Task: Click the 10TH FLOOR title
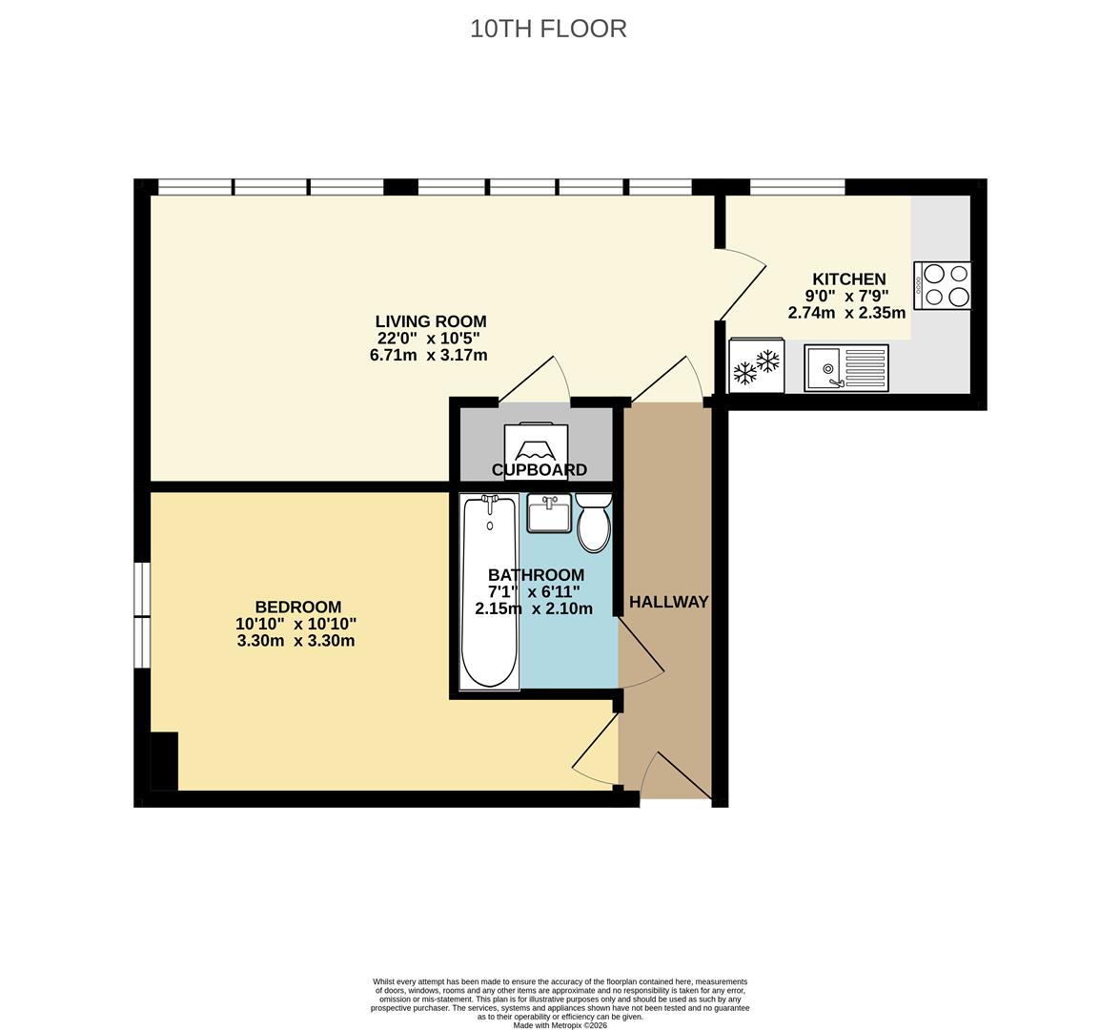pyautogui.click(x=548, y=29)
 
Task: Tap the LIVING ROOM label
pyautogui.click(x=431, y=321)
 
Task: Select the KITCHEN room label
pyautogui.click(x=848, y=279)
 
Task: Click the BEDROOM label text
pyautogui.click(x=297, y=608)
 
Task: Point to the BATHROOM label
pyautogui.click(x=536, y=575)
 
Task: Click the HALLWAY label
pyautogui.click(x=668, y=602)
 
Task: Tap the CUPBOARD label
pyautogui.click(x=540, y=469)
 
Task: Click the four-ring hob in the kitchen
pyautogui.click(x=942, y=286)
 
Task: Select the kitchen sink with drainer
pyautogui.click(x=846, y=368)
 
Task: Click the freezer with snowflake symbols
pyautogui.click(x=757, y=366)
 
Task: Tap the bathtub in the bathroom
pyautogui.click(x=489, y=592)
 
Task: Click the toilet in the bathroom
pyautogui.click(x=594, y=523)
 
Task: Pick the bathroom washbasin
pyautogui.click(x=549, y=514)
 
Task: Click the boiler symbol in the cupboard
pyautogui.click(x=536, y=443)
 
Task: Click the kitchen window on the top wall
pyautogui.click(x=797, y=187)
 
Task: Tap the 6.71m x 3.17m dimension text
pyautogui.click(x=429, y=355)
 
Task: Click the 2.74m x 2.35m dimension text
pyautogui.click(x=846, y=313)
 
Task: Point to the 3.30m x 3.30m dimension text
pyautogui.click(x=295, y=641)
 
